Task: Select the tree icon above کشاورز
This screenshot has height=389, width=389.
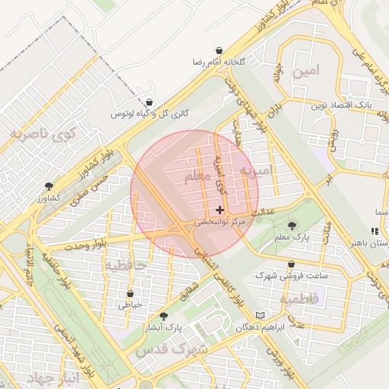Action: pyautogui.click(x=49, y=186)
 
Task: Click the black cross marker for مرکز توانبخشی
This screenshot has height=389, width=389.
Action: pyautogui.click(x=220, y=210)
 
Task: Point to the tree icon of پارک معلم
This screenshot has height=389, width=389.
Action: pyautogui.click(x=293, y=226)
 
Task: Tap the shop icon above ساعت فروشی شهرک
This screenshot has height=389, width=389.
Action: pyautogui.click(x=291, y=264)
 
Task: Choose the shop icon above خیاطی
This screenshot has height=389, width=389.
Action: pyautogui.click(x=130, y=293)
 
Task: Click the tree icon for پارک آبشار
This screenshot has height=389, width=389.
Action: pyautogui.click(x=163, y=316)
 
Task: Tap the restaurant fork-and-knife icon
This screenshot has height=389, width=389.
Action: pyautogui.click(x=373, y=231)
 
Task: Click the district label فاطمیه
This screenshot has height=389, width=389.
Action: pyautogui.click(x=302, y=300)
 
